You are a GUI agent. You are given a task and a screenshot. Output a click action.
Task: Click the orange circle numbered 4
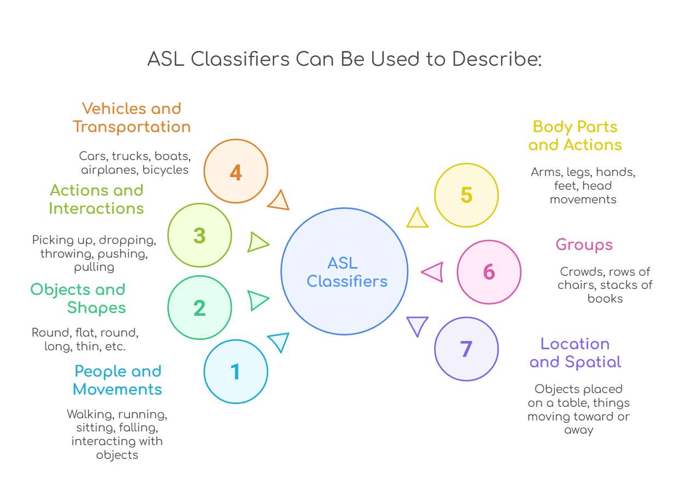(x=236, y=172)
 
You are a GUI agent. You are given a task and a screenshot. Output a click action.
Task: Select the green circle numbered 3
(x=200, y=235)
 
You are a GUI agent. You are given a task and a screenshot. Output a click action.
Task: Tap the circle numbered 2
(x=200, y=308)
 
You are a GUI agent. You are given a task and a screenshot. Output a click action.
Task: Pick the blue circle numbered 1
(x=236, y=372)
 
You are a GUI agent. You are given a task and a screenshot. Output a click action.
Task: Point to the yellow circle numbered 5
(x=466, y=195)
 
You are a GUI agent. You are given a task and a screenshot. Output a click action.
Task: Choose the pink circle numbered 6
(x=489, y=272)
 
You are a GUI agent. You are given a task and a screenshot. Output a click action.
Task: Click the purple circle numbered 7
(x=466, y=349)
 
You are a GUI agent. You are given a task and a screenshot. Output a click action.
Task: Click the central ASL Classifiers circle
(x=345, y=271)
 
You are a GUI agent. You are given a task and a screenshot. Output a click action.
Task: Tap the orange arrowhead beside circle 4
(x=279, y=201)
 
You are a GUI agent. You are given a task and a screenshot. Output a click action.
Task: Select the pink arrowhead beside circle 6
(x=433, y=272)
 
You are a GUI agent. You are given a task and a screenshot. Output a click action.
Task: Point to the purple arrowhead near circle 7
(x=417, y=326)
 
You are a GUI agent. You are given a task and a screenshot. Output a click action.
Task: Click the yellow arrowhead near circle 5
(x=417, y=218)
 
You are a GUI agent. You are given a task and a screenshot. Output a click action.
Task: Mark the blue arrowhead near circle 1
(x=279, y=342)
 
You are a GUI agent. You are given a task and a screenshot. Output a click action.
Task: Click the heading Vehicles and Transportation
(x=132, y=117)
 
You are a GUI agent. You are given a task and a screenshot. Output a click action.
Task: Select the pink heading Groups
(x=584, y=245)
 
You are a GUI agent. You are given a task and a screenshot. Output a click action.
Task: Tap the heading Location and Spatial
(x=575, y=353)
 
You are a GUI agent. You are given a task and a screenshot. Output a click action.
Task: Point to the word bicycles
(x=166, y=169)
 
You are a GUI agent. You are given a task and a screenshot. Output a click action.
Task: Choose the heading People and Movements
(x=118, y=380)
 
